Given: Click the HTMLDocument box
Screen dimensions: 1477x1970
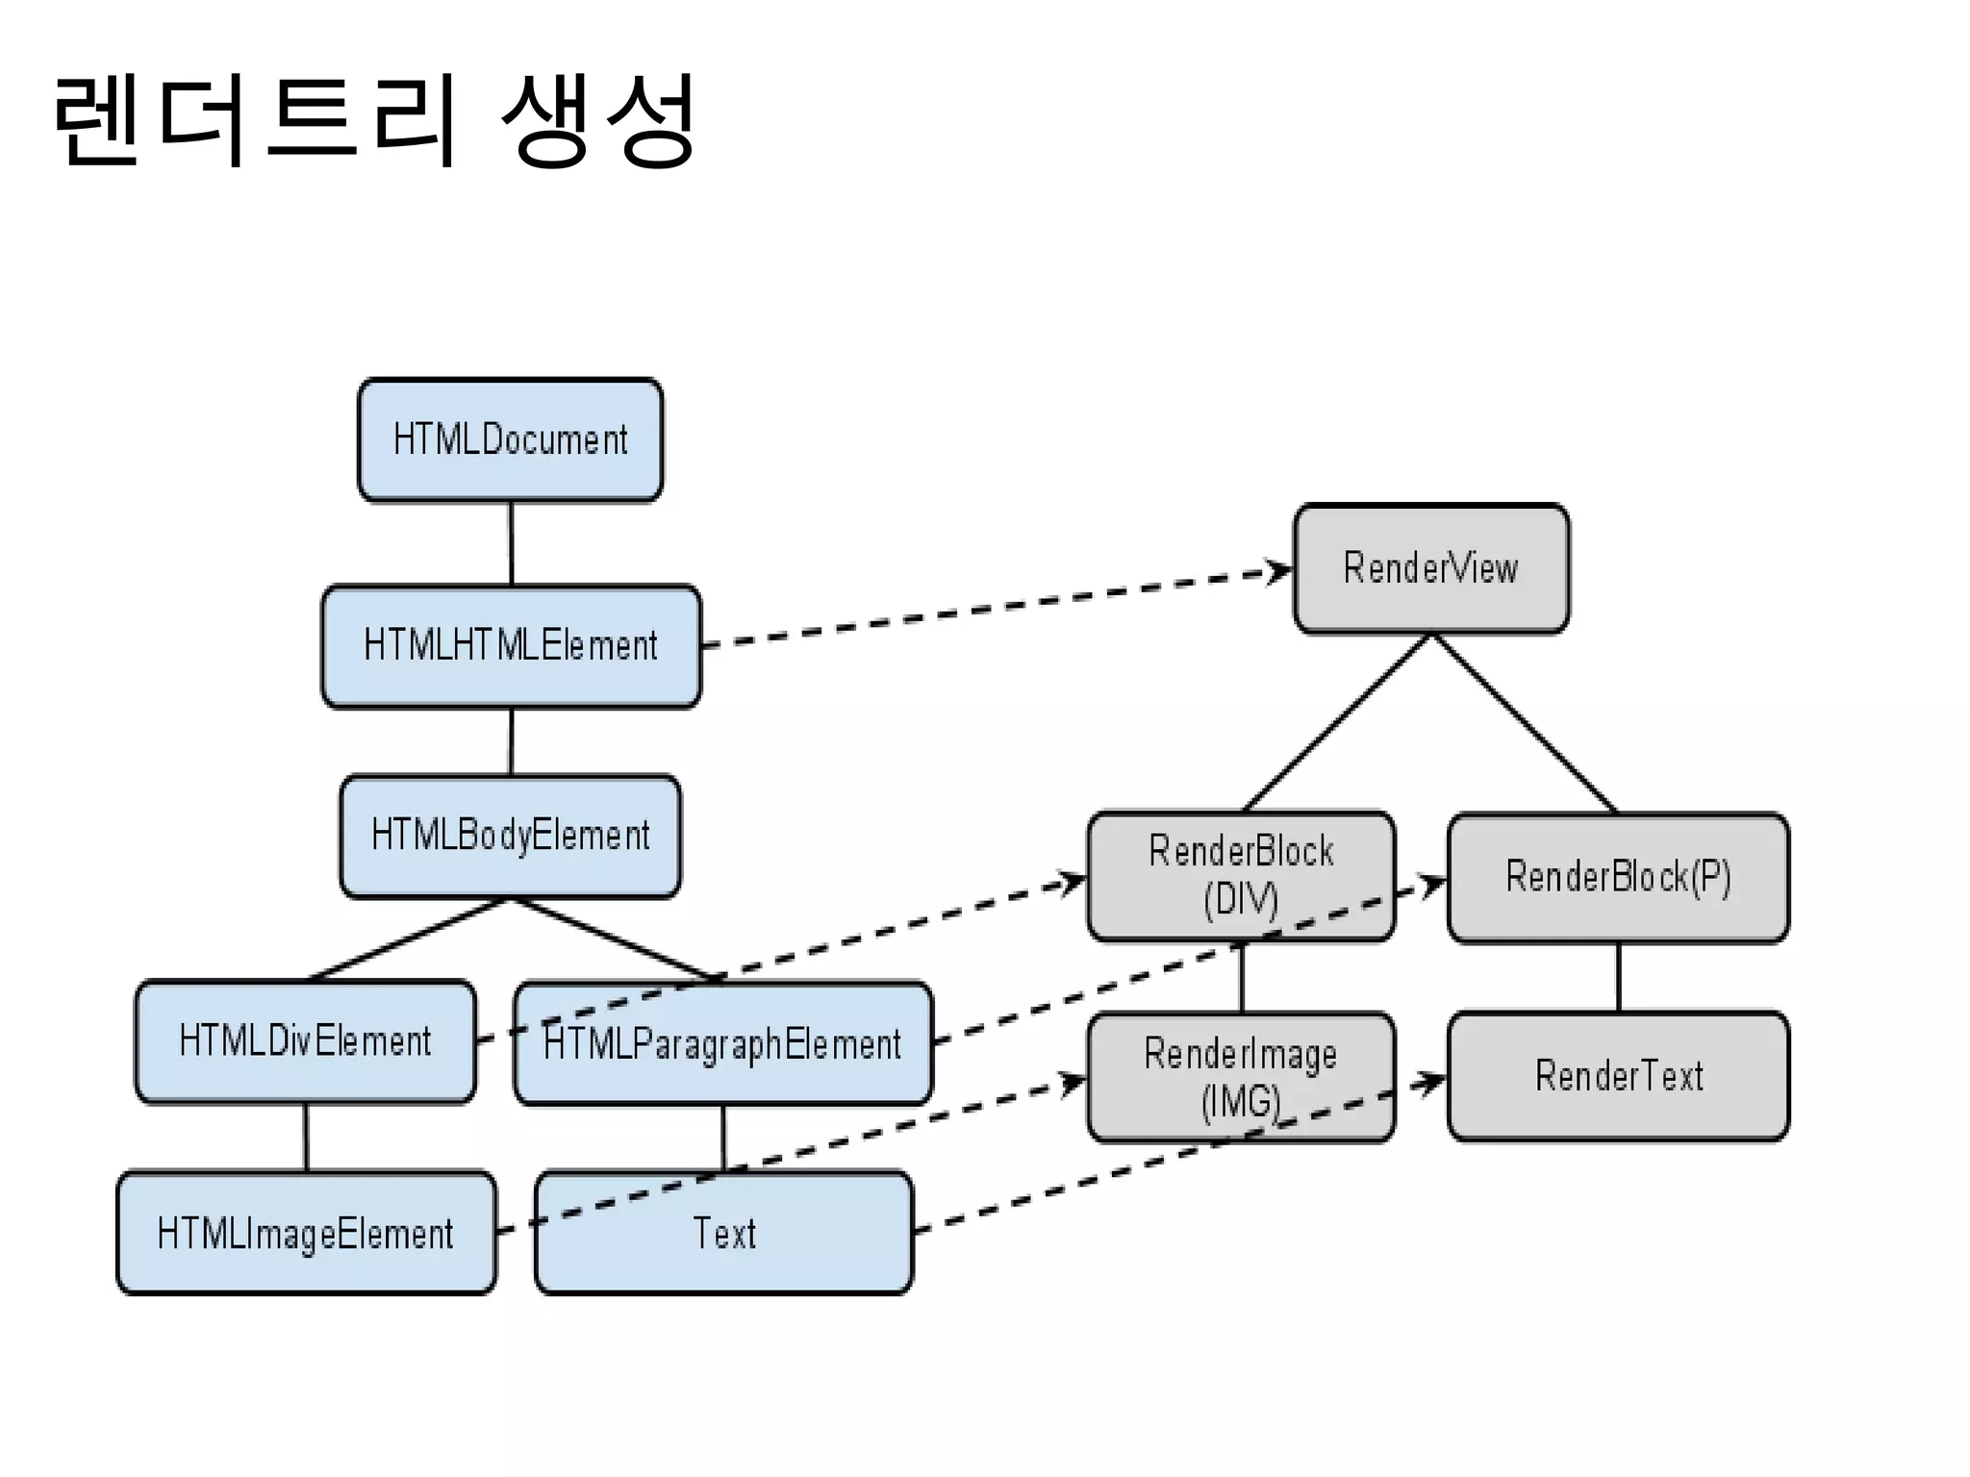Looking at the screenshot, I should tap(510, 439).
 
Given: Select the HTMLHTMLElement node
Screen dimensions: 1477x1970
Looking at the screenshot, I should tap(511, 645).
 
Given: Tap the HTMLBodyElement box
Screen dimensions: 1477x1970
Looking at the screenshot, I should tap(510, 835).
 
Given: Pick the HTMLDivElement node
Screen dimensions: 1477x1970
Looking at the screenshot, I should tap(305, 1041).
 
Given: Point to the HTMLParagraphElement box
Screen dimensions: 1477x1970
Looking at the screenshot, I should tap(722, 1043).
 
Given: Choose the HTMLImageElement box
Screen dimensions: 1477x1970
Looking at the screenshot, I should tap(306, 1233).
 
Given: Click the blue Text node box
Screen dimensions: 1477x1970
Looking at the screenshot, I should tap(723, 1233).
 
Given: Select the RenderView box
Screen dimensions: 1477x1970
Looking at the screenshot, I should tap(1430, 568).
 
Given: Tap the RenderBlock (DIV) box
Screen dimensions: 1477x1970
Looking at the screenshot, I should tap(1240, 875).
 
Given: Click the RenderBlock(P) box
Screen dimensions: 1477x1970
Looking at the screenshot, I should tap(1618, 877).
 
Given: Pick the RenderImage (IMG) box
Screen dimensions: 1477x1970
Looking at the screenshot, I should tap(1240, 1077).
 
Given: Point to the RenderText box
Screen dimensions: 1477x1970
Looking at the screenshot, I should tap(1618, 1075).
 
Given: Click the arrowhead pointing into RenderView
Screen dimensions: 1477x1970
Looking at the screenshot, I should tap(1278, 572).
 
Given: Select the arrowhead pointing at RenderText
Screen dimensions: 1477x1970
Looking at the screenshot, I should tap(1432, 1083).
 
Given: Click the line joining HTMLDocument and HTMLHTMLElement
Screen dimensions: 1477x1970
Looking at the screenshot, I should tap(511, 543).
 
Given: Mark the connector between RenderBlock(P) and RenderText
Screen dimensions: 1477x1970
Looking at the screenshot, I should tap(1618, 977).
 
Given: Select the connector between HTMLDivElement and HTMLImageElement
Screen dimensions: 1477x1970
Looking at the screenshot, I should tap(306, 1137).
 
